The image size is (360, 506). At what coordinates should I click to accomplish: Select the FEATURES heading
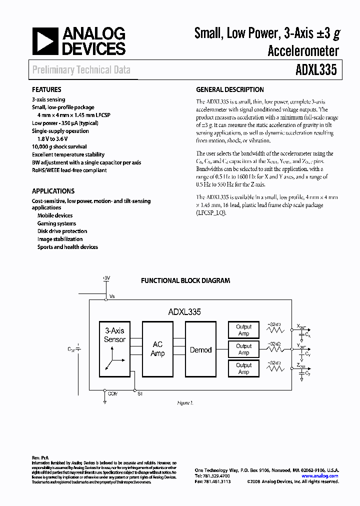pos(46,90)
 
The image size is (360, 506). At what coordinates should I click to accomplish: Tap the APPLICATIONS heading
pos(53,191)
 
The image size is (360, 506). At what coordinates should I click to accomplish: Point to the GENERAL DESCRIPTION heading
pos(230,90)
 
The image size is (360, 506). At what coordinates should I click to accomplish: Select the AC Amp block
pos(157,349)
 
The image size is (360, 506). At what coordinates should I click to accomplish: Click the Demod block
pos(200,350)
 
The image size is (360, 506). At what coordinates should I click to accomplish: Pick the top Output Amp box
pos(243,330)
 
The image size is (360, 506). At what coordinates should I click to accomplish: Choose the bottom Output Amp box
pos(243,368)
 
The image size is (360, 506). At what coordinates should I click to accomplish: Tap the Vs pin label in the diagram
pos(112,296)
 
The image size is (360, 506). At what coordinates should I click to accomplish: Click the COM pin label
pos(112,394)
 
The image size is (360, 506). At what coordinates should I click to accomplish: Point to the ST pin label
pos(140,394)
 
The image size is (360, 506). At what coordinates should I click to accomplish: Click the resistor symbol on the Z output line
pos(274,368)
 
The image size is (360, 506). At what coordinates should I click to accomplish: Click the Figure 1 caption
pos(185,402)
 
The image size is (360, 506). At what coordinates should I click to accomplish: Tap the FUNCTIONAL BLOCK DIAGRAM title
pos(185,281)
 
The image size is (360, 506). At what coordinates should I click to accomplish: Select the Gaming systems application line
pos(56,223)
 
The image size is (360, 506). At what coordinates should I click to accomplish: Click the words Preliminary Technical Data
pos(81,70)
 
